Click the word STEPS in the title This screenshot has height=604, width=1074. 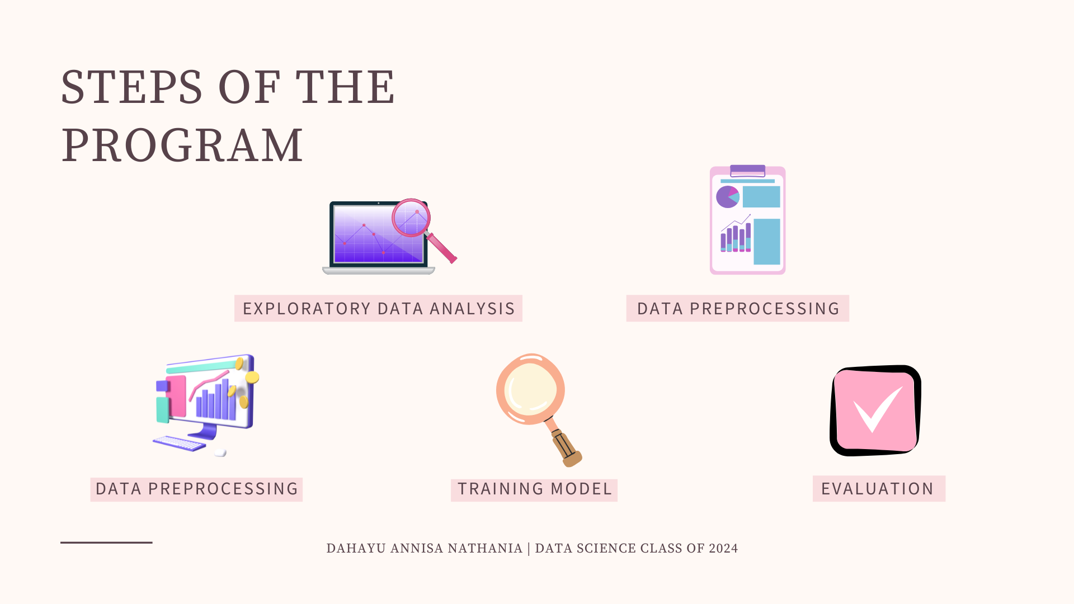[x=131, y=87]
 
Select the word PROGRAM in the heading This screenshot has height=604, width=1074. [x=182, y=145]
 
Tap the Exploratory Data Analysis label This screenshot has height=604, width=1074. [x=379, y=309]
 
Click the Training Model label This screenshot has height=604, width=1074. [x=535, y=489]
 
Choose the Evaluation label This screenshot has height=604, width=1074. [x=878, y=489]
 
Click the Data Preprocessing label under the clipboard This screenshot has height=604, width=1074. [x=738, y=309]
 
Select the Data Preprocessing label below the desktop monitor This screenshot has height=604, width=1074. [x=197, y=489]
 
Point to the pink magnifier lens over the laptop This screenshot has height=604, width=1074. [x=411, y=218]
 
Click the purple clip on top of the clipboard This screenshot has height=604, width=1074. [x=747, y=171]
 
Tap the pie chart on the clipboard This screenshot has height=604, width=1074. [x=728, y=197]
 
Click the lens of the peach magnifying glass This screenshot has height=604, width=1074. [x=530, y=389]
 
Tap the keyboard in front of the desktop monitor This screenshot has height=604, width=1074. [x=180, y=443]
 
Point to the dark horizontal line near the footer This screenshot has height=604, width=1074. [x=106, y=542]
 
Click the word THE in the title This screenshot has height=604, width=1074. [x=345, y=87]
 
